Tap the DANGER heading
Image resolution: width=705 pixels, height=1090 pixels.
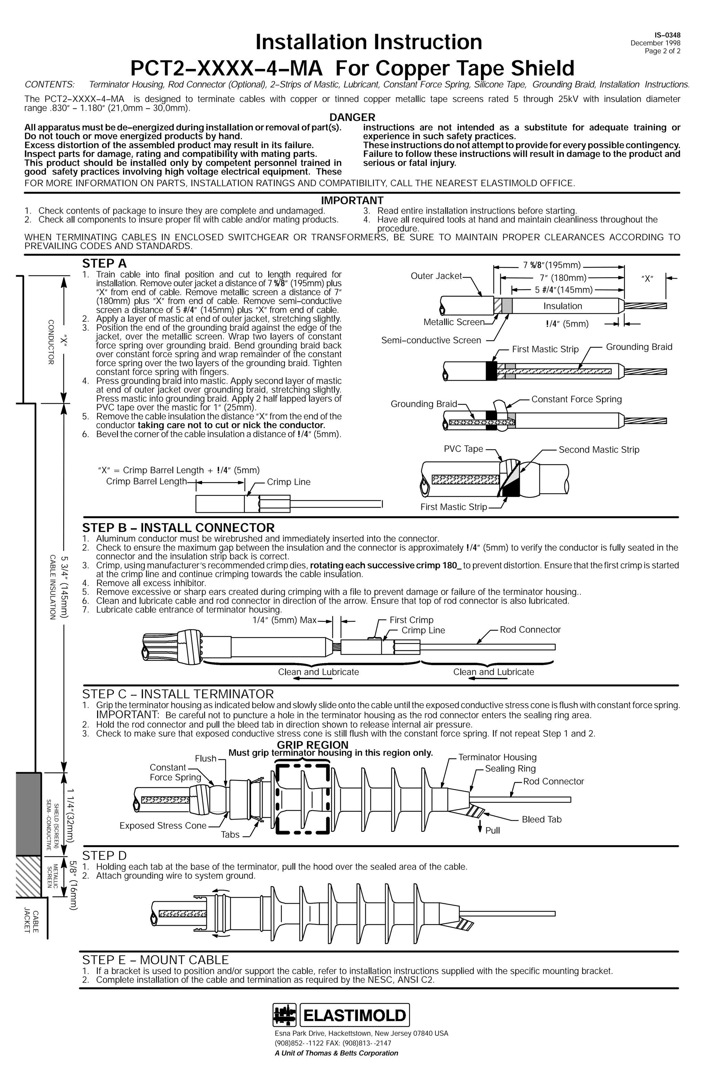pyautogui.click(x=352, y=118)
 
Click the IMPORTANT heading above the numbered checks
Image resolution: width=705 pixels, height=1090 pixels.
pyautogui.click(x=352, y=200)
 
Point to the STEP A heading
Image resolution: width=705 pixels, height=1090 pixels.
pyautogui.click(x=104, y=264)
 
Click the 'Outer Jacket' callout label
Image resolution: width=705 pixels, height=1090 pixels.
pyautogui.click(x=436, y=276)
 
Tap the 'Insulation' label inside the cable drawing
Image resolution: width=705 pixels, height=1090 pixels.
pyautogui.click(x=562, y=306)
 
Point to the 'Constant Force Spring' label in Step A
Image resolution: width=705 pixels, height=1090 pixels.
pyautogui.click(x=576, y=399)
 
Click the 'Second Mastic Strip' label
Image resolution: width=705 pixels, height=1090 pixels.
pyautogui.click(x=599, y=450)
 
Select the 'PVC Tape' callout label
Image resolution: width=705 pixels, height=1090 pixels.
pyautogui.click(x=463, y=449)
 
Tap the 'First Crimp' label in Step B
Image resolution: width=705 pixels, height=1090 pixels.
pyautogui.click(x=411, y=620)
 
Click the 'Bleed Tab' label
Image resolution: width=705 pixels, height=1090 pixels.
pyautogui.click(x=541, y=819)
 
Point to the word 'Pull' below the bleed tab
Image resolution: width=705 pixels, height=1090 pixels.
pyautogui.click(x=493, y=831)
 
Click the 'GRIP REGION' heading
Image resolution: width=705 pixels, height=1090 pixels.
pyautogui.click(x=313, y=745)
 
